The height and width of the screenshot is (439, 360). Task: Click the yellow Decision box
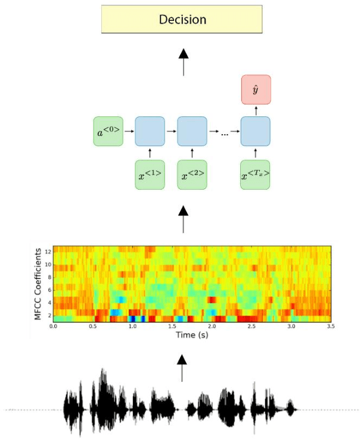point(182,20)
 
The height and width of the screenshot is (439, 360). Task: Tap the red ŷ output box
point(256,90)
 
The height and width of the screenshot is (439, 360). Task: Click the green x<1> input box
point(150,175)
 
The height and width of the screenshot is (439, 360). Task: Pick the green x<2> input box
point(193,175)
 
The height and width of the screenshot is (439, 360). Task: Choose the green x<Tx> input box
point(256,175)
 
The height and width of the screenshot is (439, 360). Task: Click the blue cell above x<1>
point(150,131)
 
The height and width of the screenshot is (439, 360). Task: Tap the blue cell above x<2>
point(193,131)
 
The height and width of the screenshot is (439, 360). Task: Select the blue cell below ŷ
point(256,131)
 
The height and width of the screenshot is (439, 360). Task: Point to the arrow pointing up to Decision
point(183,62)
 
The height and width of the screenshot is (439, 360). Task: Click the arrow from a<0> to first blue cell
point(129,131)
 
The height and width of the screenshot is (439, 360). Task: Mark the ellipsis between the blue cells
point(225,134)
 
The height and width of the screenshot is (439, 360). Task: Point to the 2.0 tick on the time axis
point(212,326)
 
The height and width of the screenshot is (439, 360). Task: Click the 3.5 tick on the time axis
point(330,326)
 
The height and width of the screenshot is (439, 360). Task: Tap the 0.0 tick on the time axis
point(54,326)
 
